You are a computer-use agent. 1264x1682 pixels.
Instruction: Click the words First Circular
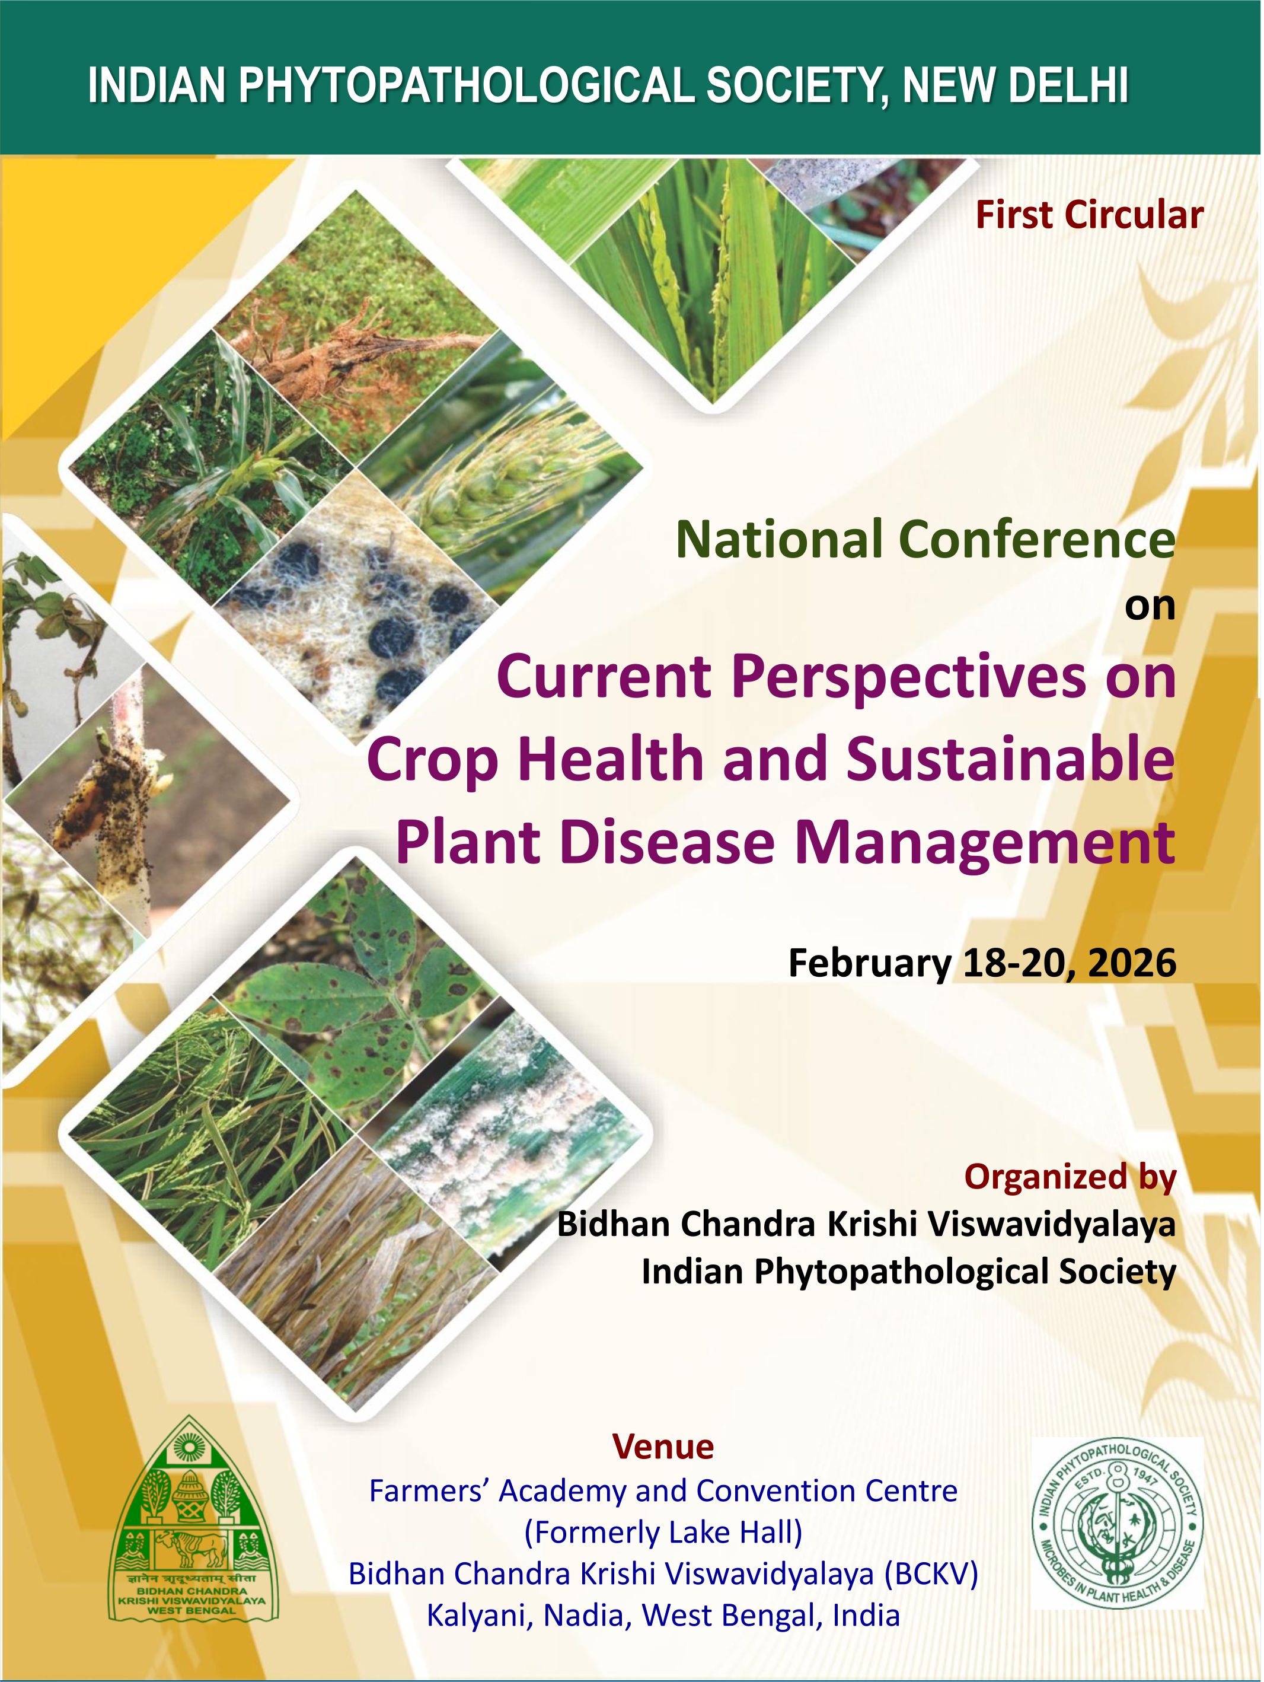click(1089, 215)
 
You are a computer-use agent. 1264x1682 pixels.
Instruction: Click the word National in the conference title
click(781, 539)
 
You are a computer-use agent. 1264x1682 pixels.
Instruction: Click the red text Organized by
click(1070, 1177)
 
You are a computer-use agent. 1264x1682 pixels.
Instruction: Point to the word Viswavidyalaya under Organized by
click(1053, 1225)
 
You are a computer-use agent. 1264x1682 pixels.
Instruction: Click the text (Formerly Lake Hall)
click(663, 1533)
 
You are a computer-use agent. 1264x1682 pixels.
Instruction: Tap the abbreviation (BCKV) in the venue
click(931, 1575)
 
